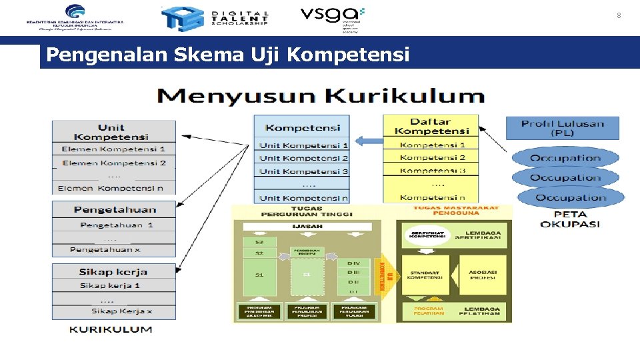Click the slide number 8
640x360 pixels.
click(x=619, y=15)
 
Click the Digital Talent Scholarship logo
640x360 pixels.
click(x=215, y=18)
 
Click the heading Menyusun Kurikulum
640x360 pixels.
click(x=321, y=96)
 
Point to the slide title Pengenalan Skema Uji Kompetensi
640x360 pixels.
click(x=229, y=55)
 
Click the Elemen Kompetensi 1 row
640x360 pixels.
click(x=114, y=149)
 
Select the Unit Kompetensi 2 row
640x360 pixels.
click(x=303, y=158)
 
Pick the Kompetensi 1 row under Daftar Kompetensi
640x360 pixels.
click(x=433, y=145)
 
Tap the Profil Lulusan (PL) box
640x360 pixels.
click(x=563, y=128)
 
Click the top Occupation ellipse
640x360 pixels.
click(x=565, y=159)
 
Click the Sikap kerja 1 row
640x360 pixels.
click(x=115, y=285)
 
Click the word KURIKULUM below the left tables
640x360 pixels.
click(x=111, y=329)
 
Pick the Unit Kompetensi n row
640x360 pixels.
click(x=303, y=197)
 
